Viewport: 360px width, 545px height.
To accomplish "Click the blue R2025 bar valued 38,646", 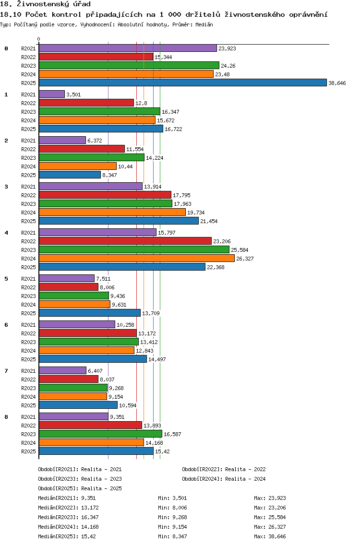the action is point(183,83).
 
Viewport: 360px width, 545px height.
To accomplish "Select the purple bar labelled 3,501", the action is point(52,94).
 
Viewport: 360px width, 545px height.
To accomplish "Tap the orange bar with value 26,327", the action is point(137,258).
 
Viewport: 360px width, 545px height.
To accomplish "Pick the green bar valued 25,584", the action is point(134,249).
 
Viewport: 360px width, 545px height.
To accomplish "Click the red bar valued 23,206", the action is point(125,241).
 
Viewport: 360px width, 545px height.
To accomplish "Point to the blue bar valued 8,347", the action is point(70,175).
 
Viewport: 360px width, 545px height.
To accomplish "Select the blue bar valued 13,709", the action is point(90,313).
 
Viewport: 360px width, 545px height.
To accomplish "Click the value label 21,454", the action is point(209,221).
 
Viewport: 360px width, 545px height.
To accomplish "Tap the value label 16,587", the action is point(172,434).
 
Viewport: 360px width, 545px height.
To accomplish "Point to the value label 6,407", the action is point(96,371).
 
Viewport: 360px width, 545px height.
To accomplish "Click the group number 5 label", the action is point(6,279).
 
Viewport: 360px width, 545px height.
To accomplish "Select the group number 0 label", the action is point(6,48).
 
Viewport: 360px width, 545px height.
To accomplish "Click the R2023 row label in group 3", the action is point(28,204).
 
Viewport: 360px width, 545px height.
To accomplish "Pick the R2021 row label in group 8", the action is point(28,417).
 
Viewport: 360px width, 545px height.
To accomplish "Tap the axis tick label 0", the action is point(38,39).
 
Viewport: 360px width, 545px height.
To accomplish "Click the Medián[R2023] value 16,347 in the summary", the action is point(88,517).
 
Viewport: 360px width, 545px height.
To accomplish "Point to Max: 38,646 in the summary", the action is point(270,536).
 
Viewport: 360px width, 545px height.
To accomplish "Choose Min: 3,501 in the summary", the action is point(172,498).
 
